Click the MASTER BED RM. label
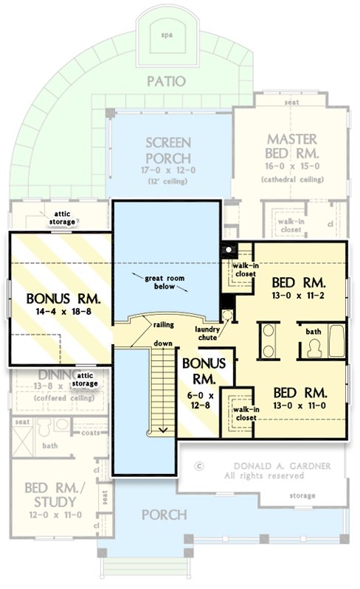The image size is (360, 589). tap(292, 147)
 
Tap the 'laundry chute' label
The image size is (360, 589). tap(210, 333)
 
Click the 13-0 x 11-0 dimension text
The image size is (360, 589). tap(298, 405)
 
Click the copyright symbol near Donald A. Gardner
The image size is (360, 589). tap(198, 466)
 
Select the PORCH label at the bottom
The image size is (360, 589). tap(162, 515)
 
